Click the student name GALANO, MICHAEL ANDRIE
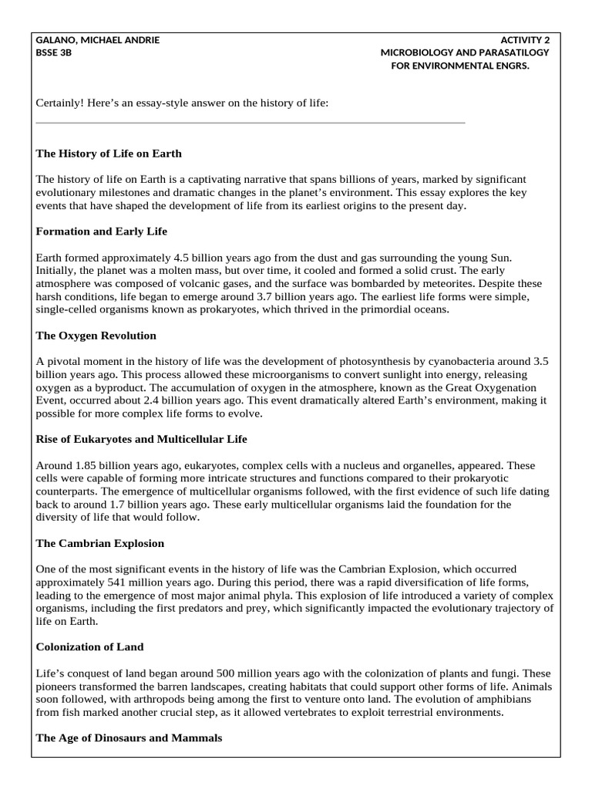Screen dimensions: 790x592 click(98, 40)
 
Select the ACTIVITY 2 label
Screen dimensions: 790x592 click(525, 40)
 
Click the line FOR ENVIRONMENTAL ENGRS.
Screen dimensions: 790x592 click(461, 65)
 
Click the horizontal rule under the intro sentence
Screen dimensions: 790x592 click(251, 123)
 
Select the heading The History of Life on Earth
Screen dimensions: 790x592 click(109, 154)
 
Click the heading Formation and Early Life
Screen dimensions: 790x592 click(101, 231)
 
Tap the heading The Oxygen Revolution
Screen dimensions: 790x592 click(96, 336)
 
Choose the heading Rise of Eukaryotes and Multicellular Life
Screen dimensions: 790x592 click(141, 439)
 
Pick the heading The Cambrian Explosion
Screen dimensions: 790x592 click(100, 543)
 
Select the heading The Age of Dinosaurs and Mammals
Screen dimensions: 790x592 click(129, 738)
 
